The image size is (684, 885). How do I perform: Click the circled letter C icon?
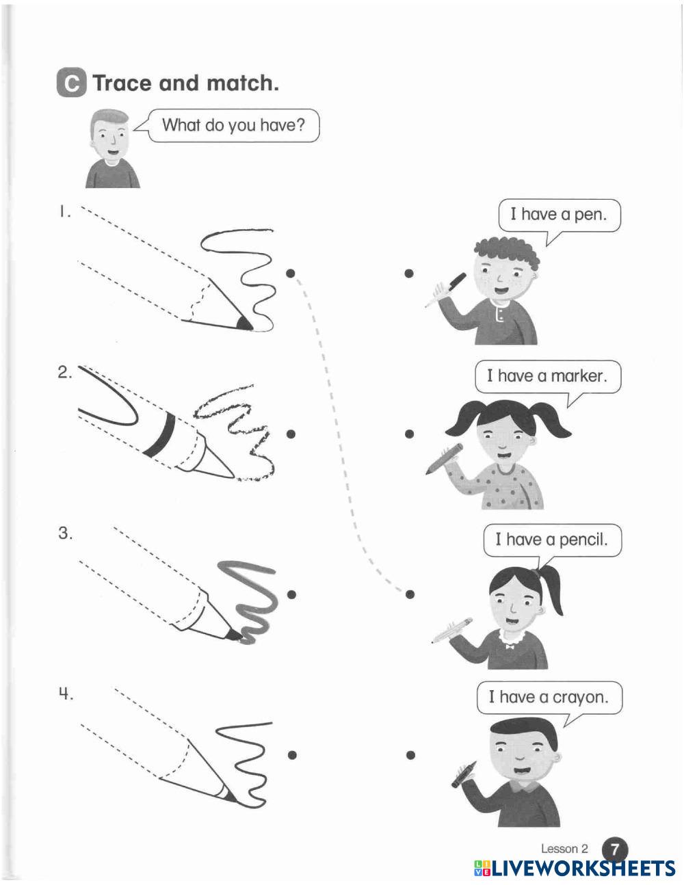coord(72,83)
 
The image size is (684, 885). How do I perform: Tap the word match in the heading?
coord(243,83)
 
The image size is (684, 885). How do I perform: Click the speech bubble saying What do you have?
coord(233,125)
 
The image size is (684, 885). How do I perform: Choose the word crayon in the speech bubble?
coord(581,698)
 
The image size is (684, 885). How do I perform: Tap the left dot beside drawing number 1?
coord(290,274)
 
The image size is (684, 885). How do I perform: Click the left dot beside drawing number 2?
coord(291,434)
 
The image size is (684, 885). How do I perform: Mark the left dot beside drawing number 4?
coord(292,756)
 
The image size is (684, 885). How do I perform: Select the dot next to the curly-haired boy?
coord(409,274)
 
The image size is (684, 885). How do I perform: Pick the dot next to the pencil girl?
coord(410,594)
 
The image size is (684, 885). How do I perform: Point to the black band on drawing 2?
coord(161,434)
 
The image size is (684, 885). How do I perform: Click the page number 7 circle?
coord(614,850)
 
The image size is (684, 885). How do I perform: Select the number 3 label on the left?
coord(65,533)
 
